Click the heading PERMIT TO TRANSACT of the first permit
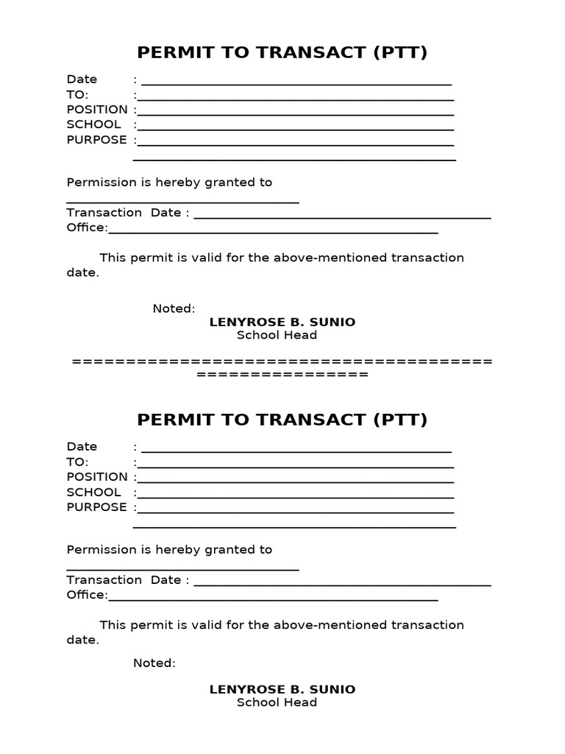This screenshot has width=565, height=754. pyautogui.click(x=282, y=52)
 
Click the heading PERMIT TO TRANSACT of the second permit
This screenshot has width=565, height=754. pyautogui.click(x=282, y=420)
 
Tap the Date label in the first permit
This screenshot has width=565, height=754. pyautogui.click(x=82, y=80)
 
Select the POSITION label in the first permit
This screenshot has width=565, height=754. pyautogui.click(x=97, y=110)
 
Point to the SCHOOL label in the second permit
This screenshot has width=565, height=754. pyautogui.click(x=93, y=492)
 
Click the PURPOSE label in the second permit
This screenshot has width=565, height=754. pyautogui.click(x=96, y=507)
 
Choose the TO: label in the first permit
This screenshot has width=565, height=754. pyautogui.click(x=77, y=94)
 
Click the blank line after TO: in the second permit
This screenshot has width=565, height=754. pyautogui.click(x=295, y=467)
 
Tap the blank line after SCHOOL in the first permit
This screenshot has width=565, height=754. pyautogui.click(x=295, y=130)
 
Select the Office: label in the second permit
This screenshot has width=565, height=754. pyautogui.click(x=87, y=595)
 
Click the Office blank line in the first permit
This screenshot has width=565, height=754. pyautogui.click(x=273, y=233)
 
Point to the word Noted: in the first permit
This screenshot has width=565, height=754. pyautogui.click(x=174, y=309)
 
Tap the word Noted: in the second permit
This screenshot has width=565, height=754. pyautogui.click(x=154, y=663)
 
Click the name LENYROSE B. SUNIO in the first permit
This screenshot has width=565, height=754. pyautogui.click(x=282, y=322)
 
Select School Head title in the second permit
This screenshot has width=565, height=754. pyautogui.click(x=277, y=702)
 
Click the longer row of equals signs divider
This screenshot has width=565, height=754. pyautogui.click(x=282, y=362)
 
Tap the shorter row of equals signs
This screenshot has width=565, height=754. pyautogui.click(x=282, y=375)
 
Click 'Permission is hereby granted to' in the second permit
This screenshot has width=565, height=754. pyautogui.click(x=169, y=550)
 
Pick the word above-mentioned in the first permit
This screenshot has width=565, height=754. pyautogui.click(x=330, y=258)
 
